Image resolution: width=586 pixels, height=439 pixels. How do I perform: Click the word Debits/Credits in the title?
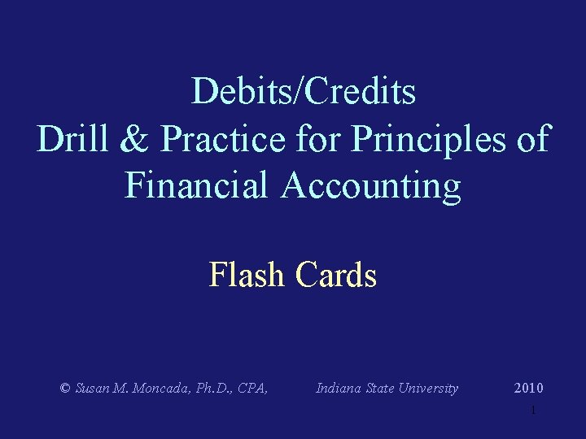304,92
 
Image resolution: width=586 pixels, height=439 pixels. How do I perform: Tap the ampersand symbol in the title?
133,139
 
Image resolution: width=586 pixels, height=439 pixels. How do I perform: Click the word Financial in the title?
196,185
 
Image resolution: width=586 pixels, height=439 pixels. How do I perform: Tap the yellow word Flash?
247,276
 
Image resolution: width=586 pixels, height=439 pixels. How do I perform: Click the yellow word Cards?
336,276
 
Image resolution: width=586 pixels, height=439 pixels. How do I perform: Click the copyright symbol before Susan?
65,389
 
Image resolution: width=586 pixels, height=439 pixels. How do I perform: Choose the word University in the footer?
431,389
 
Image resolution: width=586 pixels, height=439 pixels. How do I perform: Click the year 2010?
529,389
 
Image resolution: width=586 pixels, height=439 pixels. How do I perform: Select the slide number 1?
533,411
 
